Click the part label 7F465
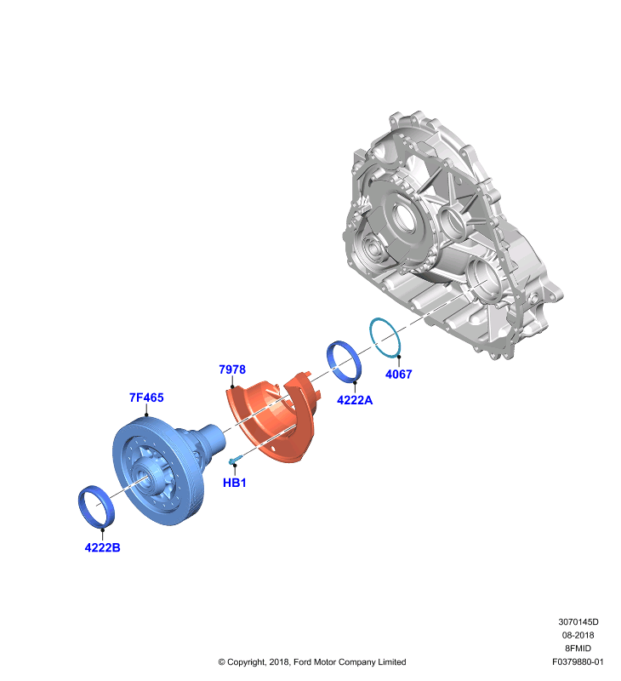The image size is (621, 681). tap(146, 398)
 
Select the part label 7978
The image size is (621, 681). tap(232, 369)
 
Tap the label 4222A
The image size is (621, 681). tap(355, 400)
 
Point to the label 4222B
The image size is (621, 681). tap(102, 547)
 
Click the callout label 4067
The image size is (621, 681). tap(398, 374)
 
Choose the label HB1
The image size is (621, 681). tap(234, 483)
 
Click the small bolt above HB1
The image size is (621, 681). tap(234, 459)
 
